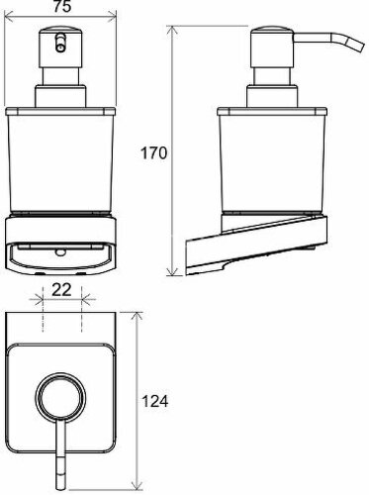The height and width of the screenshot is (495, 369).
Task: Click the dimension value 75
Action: (x=62, y=6)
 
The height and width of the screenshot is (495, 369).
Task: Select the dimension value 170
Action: (x=154, y=153)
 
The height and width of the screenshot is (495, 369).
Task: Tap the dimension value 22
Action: (x=62, y=290)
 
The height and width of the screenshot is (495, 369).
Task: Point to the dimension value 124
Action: (x=155, y=402)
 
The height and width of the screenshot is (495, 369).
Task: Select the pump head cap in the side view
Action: (x=272, y=49)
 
